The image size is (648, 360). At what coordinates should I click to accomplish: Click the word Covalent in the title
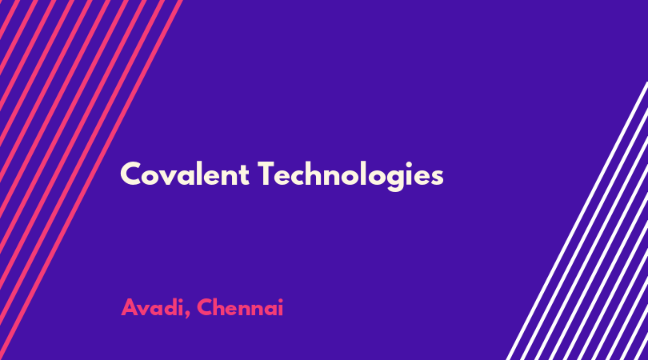185,174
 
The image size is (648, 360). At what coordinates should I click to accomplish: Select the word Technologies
351,176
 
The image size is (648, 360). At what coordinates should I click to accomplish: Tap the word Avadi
152,307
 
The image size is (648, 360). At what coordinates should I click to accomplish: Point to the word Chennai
240,307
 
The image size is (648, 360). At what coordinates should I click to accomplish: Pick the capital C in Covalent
130,174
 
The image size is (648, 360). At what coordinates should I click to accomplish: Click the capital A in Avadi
130,307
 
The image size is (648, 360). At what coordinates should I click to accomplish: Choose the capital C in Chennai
206,307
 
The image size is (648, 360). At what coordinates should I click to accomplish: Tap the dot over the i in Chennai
280,300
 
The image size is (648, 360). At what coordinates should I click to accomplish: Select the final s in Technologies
438,178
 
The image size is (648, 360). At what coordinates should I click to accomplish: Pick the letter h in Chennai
222,307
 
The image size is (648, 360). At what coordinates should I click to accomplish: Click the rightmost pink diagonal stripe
90,180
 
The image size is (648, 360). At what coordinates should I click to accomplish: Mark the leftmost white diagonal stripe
578,221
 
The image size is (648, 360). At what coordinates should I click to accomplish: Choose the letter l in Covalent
201,174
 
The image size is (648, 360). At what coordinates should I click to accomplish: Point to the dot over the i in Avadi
181,300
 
